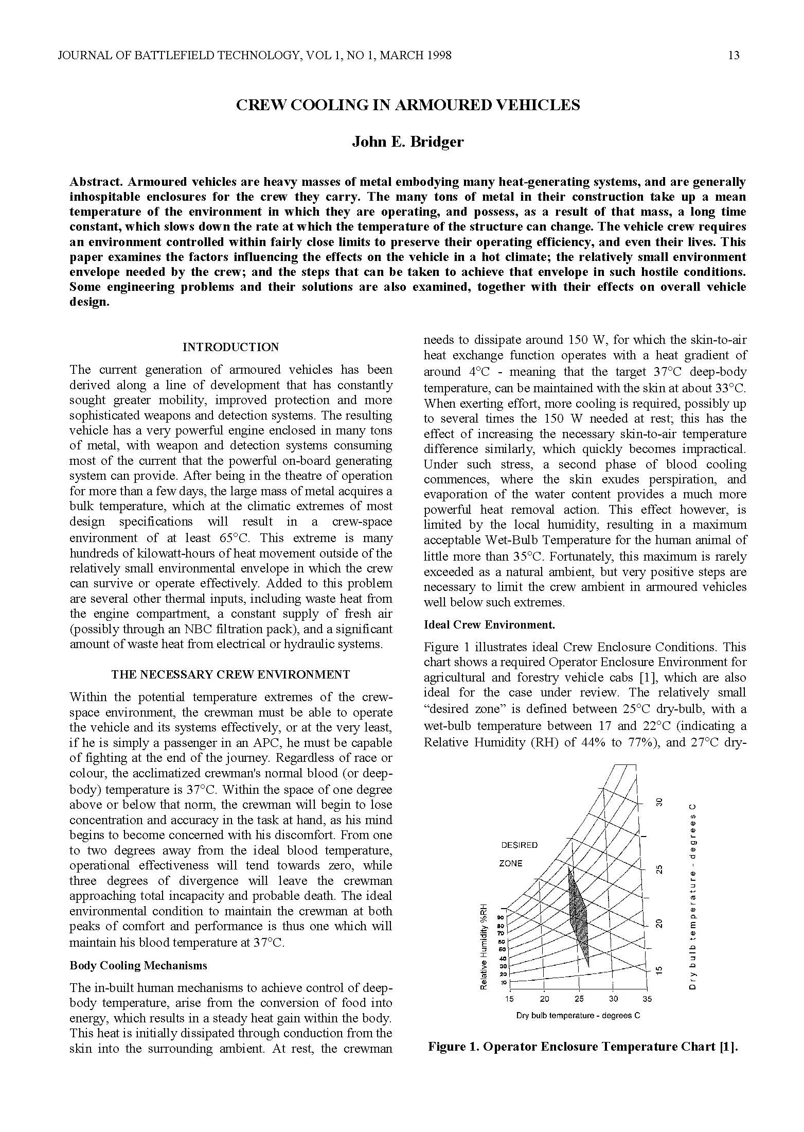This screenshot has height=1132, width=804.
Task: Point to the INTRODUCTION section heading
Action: (230, 347)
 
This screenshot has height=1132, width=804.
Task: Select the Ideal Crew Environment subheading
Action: (489, 624)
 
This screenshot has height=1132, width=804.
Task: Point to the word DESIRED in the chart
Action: (519, 845)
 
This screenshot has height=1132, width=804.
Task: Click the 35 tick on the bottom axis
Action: (647, 999)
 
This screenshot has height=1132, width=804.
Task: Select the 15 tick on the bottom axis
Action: (509, 999)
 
